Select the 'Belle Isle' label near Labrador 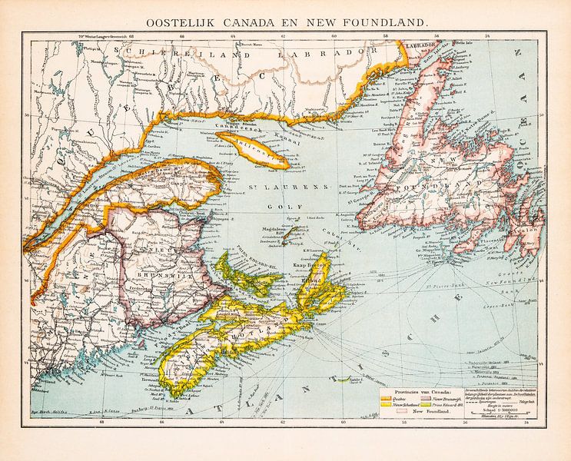[463, 43]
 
